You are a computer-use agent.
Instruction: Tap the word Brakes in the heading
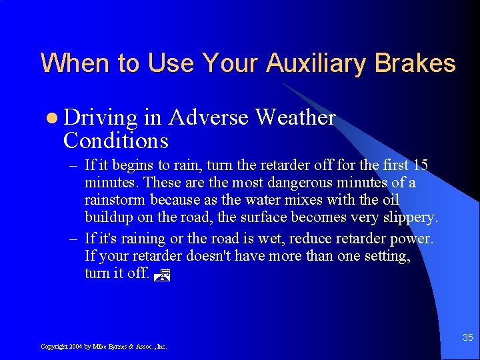tap(415, 64)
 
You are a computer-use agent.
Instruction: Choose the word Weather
tap(295, 117)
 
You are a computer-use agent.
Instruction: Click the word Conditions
tap(115, 141)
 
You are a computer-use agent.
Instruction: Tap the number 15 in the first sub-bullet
tap(420, 165)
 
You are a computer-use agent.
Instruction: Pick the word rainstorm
tap(116, 200)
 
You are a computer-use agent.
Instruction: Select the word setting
tap(386, 255)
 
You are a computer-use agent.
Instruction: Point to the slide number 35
tap(468, 338)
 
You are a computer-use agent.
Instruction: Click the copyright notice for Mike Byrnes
tap(103, 347)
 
